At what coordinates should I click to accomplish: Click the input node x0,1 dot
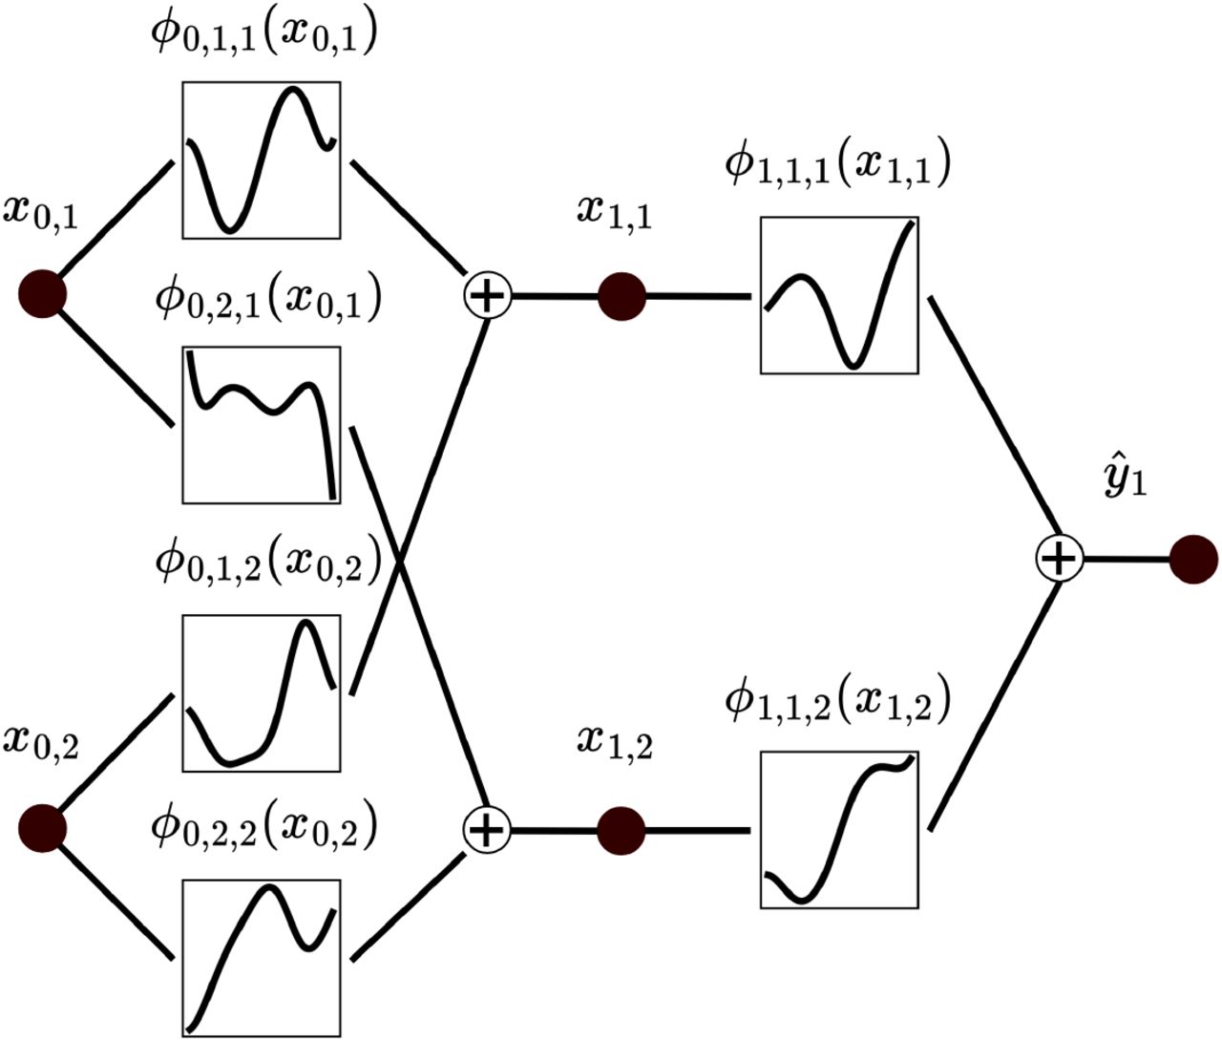tap(43, 293)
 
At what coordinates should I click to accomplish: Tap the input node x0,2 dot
tap(43, 827)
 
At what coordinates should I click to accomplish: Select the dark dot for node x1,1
tap(622, 296)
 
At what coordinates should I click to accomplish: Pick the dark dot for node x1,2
tap(622, 831)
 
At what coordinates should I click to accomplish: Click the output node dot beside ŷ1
tap(1193, 559)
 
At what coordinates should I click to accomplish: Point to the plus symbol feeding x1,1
tap(488, 296)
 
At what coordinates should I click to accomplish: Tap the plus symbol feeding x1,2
tap(488, 830)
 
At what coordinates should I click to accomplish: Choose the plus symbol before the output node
tap(1059, 559)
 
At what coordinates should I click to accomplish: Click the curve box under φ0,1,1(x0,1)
tap(262, 159)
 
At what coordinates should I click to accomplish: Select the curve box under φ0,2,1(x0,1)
tap(262, 424)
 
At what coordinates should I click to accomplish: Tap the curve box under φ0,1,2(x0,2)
tap(262, 692)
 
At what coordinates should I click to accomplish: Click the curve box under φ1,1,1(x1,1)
tap(839, 295)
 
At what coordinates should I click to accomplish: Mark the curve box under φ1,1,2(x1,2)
tap(839, 830)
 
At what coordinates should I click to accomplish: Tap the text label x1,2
tap(615, 741)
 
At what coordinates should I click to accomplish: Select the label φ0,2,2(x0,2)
tap(264, 828)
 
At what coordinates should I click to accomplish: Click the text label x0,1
tap(40, 209)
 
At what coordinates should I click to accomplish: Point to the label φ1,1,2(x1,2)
tap(837, 702)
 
